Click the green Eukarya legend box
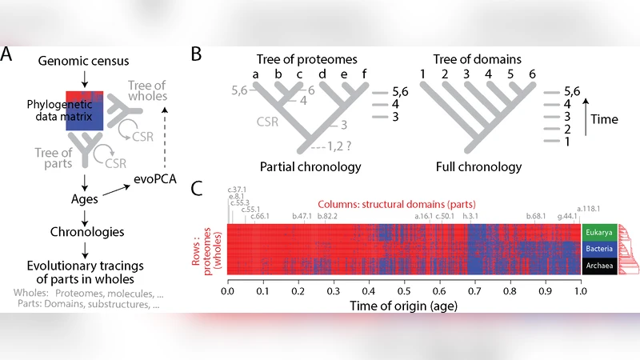click(598, 233)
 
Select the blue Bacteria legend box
click(598, 250)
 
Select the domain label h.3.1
click(471, 216)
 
